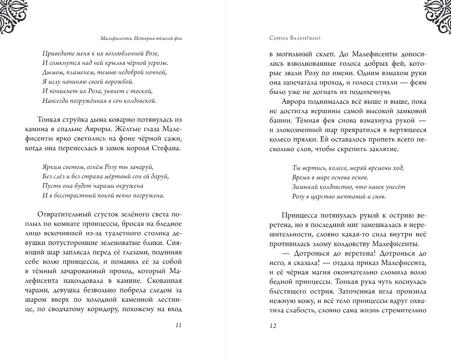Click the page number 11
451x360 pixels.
tap(178, 325)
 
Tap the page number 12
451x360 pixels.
tap(273, 325)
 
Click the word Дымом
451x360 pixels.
tap(49, 72)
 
